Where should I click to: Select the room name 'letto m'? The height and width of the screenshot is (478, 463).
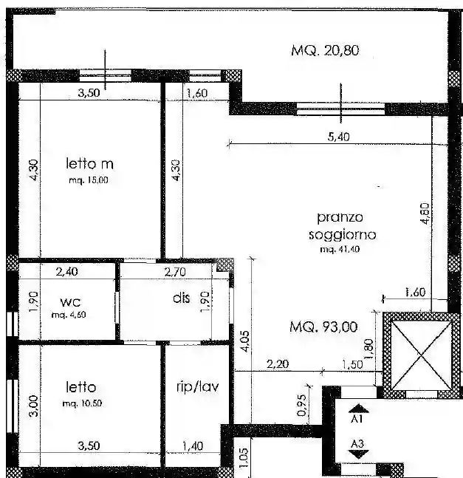point(89,163)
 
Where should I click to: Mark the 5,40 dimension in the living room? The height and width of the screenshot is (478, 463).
point(336,136)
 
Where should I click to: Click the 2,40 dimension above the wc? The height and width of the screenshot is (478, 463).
point(66,271)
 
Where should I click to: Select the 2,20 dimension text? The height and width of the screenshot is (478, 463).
point(277,363)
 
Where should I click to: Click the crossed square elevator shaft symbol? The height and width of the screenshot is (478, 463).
point(417,352)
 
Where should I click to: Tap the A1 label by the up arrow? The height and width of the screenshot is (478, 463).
point(356,418)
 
